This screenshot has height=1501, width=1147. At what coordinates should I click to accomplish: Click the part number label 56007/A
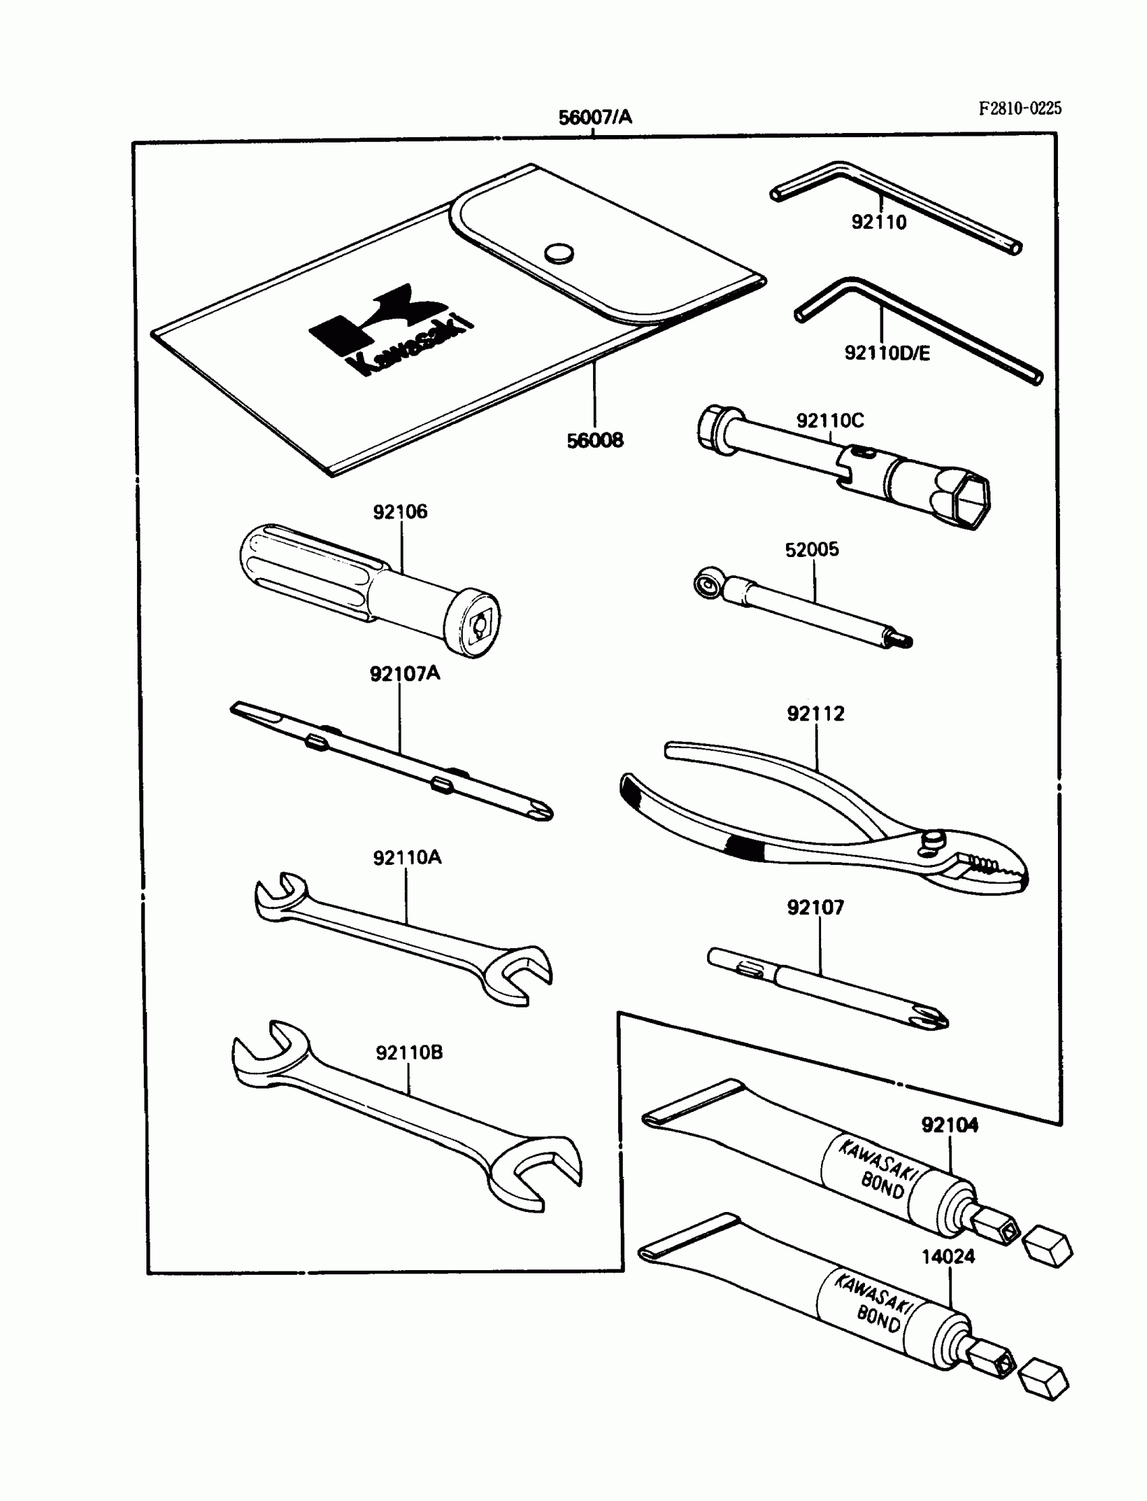click(594, 117)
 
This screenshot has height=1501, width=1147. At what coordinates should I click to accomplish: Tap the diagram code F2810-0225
click(1020, 108)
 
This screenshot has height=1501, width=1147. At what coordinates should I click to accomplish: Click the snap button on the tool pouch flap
click(559, 253)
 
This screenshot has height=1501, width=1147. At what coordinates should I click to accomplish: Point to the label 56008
click(594, 440)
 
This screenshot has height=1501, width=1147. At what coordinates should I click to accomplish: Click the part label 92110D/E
click(887, 352)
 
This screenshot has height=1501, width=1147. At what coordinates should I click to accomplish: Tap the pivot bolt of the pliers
click(932, 840)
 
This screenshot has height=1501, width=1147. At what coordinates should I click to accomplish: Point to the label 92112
click(815, 713)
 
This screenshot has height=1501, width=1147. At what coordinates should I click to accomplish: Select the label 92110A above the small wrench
click(407, 858)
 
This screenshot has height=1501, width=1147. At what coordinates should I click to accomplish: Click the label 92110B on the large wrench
click(409, 1053)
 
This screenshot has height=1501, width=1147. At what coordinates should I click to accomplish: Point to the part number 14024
click(949, 1257)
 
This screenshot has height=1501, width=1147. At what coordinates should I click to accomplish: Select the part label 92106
click(400, 512)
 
